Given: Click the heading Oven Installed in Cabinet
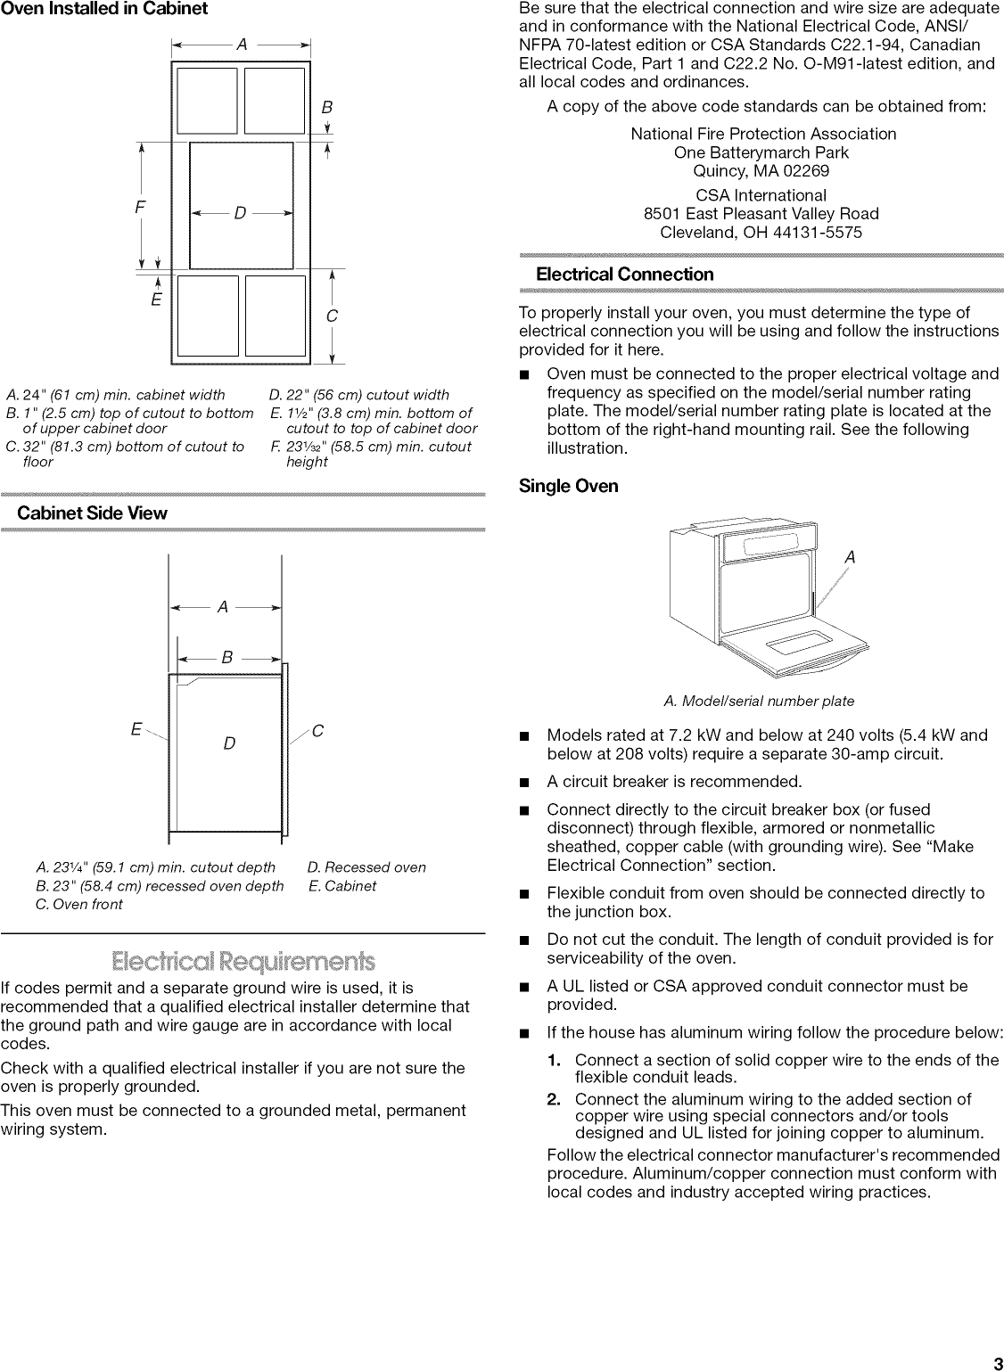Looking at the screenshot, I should coord(104,10).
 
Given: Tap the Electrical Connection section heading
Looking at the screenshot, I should coord(624,275).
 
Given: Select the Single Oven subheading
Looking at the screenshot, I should coord(569,487).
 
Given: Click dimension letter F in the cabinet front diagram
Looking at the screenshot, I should coord(140,207).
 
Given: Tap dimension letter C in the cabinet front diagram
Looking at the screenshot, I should coord(332,316).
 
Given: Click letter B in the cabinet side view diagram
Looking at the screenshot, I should coord(227,658).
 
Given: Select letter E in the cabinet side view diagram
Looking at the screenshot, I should coord(136,730).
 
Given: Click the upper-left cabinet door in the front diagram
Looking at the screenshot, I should coord(208,102).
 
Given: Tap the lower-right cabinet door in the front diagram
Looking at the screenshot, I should coord(275,315).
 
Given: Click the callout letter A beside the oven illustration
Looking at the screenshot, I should coord(850,557).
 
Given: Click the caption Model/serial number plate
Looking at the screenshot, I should coord(759,702).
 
